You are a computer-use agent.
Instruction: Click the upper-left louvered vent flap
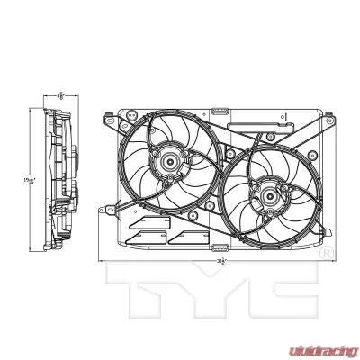pos(144,222)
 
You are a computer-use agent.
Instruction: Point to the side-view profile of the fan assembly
pos(61,180)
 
